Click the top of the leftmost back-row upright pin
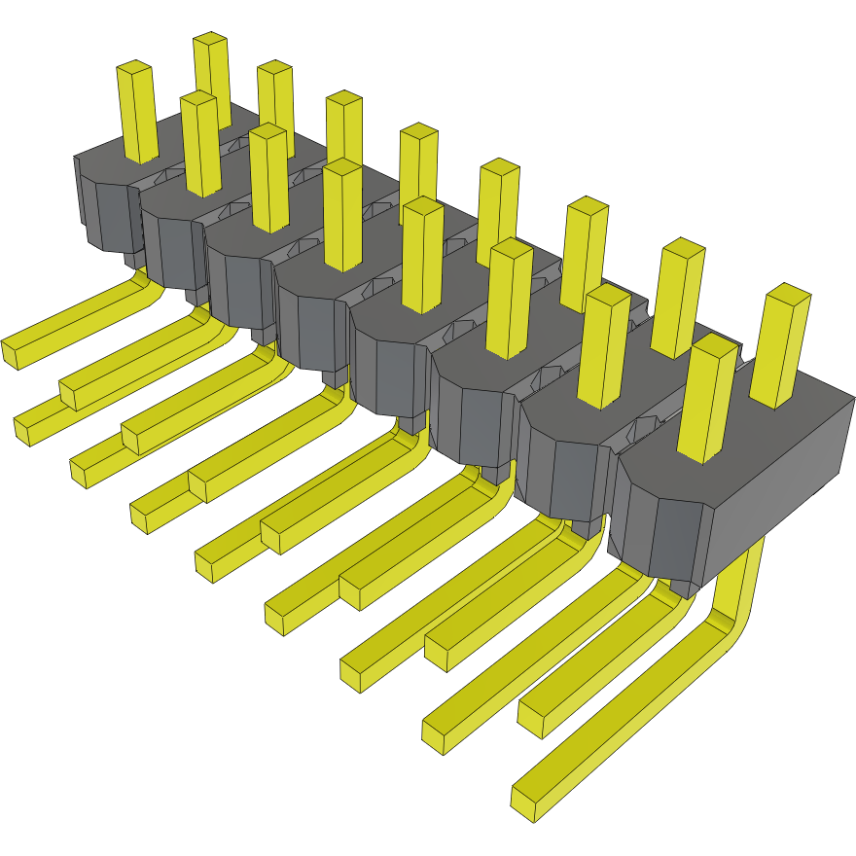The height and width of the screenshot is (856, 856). [210, 40]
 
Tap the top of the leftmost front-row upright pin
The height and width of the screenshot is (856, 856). [135, 70]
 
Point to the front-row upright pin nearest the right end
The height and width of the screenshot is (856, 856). [704, 399]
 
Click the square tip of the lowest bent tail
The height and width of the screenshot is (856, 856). [525, 801]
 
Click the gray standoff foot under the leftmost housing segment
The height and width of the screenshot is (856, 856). [132, 259]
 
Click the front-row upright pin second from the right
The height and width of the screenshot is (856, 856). [603, 350]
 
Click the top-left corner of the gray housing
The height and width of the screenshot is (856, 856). [78, 158]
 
